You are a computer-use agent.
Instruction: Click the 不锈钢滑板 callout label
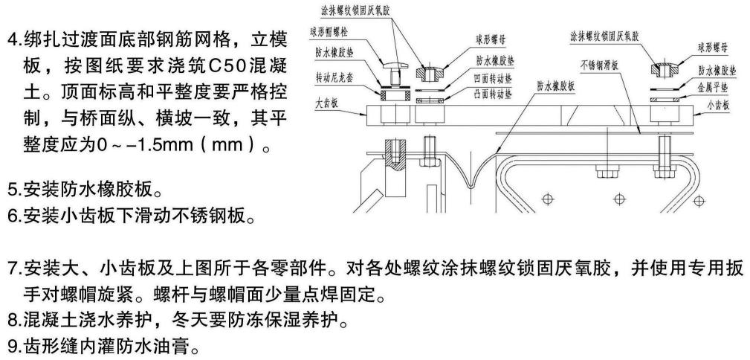click(x=603, y=65)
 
